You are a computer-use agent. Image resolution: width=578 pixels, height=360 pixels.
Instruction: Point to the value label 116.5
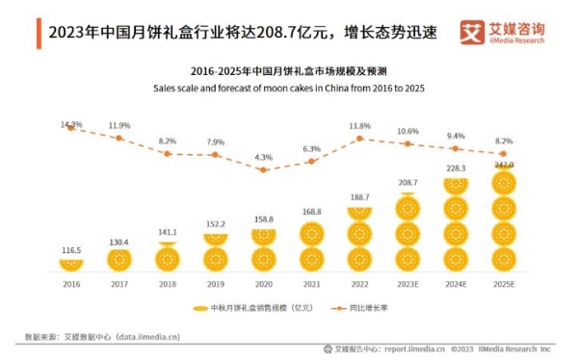70,250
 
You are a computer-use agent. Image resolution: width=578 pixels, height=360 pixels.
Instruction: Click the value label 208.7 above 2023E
407,182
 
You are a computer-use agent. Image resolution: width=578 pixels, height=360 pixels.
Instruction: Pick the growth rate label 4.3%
263,157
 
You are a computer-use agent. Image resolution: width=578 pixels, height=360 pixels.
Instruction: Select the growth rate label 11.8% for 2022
359,125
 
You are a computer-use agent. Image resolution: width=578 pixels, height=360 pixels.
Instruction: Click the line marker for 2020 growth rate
263,170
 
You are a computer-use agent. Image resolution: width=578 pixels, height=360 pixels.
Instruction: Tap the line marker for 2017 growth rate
118,138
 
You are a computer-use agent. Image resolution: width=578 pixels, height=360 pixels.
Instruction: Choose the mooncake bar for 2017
118,259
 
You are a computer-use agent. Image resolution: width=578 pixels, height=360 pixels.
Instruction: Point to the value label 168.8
311,212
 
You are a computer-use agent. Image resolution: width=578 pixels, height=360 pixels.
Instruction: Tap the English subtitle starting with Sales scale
289,89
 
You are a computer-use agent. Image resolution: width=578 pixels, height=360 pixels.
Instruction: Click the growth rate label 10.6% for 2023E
407,131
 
